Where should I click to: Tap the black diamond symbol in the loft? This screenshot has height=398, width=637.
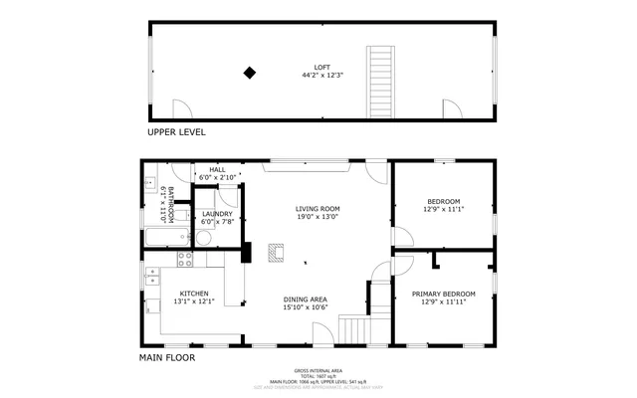[x=250, y=72]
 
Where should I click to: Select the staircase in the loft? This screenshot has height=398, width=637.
[x=381, y=81]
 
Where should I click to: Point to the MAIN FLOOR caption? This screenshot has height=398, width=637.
[x=166, y=357]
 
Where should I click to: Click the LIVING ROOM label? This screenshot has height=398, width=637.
[x=318, y=209]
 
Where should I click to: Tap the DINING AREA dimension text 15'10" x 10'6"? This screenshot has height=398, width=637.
[x=306, y=307]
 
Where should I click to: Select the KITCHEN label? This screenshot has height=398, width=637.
[x=193, y=294]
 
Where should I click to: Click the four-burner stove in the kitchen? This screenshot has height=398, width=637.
[x=184, y=259]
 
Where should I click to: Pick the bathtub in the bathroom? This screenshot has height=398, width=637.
[x=165, y=238]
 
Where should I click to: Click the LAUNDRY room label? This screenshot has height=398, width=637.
[x=217, y=214]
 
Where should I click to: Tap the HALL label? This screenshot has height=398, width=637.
[x=217, y=170]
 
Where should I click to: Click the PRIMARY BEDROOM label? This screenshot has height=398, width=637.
[x=444, y=294]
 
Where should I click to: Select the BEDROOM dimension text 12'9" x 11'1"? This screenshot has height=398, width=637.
[x=444, y=210]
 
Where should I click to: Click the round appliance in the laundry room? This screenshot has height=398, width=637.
[x=204, y=237]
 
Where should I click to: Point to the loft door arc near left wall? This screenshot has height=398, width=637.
[x=182, y=108]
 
